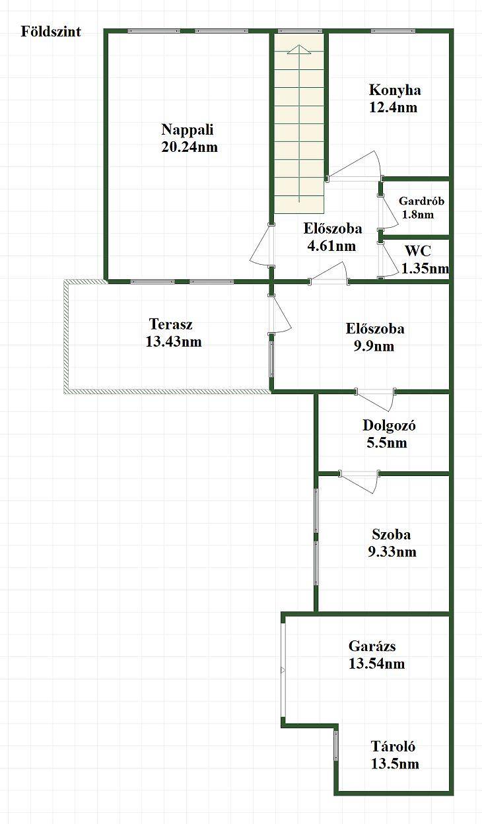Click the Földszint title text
pos(51,32)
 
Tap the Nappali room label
pos(188,130)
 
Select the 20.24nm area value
pos(189,147)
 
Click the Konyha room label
pos(395,90)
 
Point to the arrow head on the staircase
pos(299,50)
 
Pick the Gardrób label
pos(422,201)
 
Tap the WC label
pos(418,252)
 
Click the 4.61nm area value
pos(331,246)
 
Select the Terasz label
pos(171,324)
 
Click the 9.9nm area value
pos(374,346)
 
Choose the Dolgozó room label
pos(389,426)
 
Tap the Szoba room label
pos(391,535)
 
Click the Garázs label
pos(372,646)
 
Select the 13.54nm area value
pos(377,664)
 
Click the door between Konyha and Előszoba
pos(354,168)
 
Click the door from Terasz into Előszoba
pos(280,314)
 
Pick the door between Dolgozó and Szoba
pos(359,481)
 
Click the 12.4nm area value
pos(393,108)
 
